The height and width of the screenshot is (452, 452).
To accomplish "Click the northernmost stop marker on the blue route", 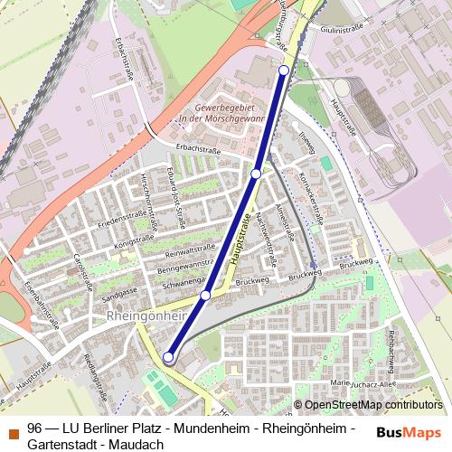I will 284,71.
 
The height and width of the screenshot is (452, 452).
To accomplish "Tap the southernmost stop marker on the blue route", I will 168,358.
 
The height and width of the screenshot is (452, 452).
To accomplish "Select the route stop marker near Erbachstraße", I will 256,173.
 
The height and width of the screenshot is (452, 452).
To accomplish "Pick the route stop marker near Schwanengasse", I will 205,296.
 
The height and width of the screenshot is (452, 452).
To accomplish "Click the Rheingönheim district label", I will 146,316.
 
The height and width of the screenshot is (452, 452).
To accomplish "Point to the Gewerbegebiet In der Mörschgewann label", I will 221,112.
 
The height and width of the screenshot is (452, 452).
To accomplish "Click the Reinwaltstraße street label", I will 189,254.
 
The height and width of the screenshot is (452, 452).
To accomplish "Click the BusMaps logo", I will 409,431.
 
